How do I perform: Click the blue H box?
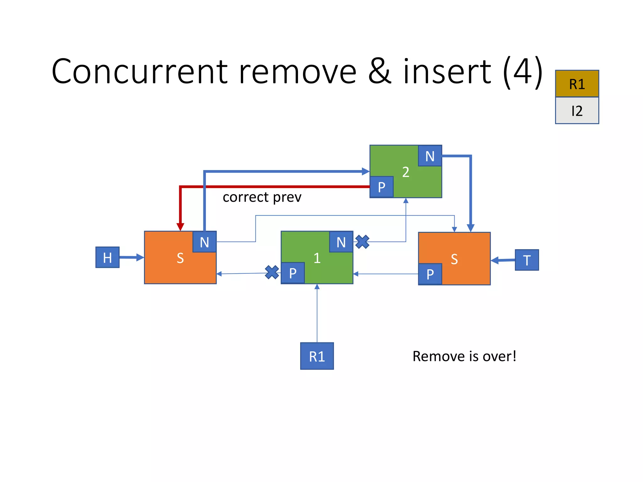coord(107,257)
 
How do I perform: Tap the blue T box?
coord(527,260)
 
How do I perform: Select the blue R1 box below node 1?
coord(317,356)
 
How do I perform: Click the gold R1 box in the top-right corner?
coord(577,84)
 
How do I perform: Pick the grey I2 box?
coord(577,110)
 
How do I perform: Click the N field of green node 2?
coord(430,156)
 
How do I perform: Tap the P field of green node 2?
coord(381,187)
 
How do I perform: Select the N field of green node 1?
coord(341,242)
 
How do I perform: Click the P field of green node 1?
coord(293,273)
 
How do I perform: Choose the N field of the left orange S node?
coord(204,242)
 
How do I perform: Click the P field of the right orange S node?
coord(430,274)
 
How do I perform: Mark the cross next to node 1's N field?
coord(362,242)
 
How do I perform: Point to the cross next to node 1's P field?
coord(272,272)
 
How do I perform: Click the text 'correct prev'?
coord(262,197)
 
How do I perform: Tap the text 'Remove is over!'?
coord(464,356)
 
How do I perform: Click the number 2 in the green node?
coord(406,172)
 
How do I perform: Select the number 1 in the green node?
coord(317,258)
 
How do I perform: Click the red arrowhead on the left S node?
coord(180,227)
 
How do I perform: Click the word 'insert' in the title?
coord(447,72)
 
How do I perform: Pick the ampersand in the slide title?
coord(380,72)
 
